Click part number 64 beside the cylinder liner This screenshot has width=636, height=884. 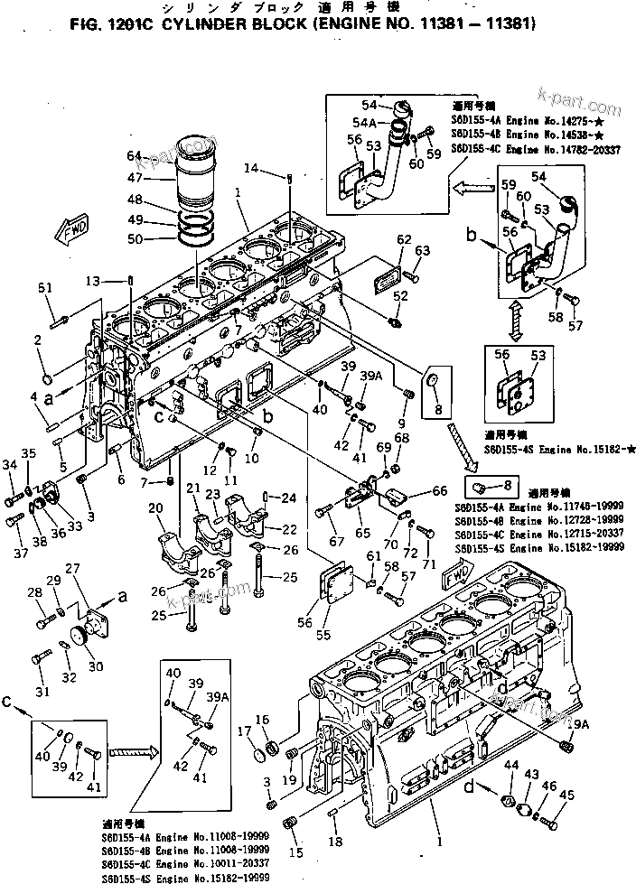135,154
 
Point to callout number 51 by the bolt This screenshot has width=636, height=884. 47,288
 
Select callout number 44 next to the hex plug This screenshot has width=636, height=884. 511,765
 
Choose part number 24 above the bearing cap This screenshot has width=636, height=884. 288,497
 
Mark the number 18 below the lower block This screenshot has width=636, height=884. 335,842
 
